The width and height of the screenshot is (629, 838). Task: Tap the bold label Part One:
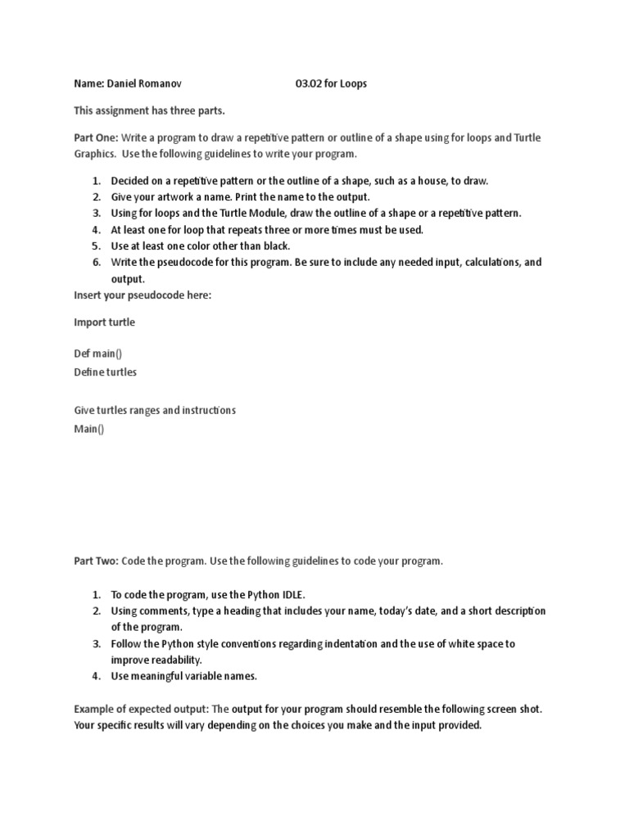coord(96,137)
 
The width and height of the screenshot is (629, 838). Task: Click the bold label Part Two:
coord(96,561)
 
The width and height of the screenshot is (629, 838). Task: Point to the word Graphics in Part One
coord(95,154)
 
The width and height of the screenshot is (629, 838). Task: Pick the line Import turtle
coord(104,322)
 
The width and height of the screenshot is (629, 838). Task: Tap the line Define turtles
coord(106,372)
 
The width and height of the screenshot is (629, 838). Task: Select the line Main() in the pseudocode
coord(89,428)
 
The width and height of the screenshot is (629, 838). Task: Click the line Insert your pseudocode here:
coord(143,295)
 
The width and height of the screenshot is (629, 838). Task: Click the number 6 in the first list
coord(95,262)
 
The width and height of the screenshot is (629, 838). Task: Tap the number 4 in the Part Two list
coord(95,676)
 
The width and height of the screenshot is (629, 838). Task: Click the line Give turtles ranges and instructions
coord(155,410)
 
